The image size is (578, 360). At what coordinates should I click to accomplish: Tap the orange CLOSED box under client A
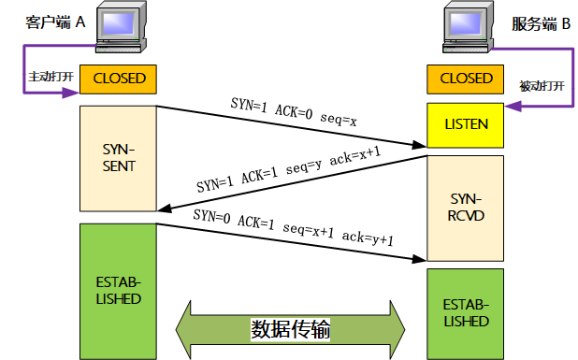118,79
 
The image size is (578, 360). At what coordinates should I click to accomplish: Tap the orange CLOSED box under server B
465,79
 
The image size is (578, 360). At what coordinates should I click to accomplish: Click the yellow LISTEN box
465,125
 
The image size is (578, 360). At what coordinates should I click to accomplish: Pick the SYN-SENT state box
118,159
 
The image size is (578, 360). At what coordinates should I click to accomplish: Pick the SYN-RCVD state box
465,208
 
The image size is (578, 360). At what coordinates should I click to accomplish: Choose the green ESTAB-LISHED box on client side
118,290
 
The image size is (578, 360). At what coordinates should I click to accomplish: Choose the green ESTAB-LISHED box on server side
465,312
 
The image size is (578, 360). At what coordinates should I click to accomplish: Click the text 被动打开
542,86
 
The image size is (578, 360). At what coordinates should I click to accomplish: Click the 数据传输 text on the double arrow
290,329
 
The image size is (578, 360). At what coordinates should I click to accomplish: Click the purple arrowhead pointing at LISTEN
511,125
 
